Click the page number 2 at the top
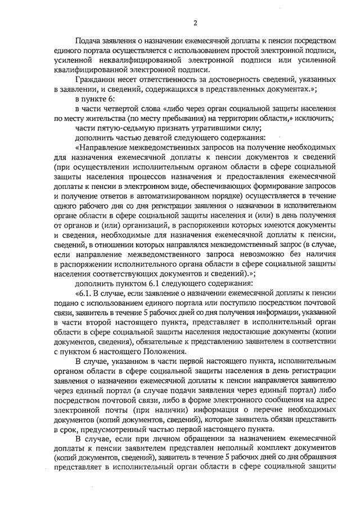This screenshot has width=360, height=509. point(195,22)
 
